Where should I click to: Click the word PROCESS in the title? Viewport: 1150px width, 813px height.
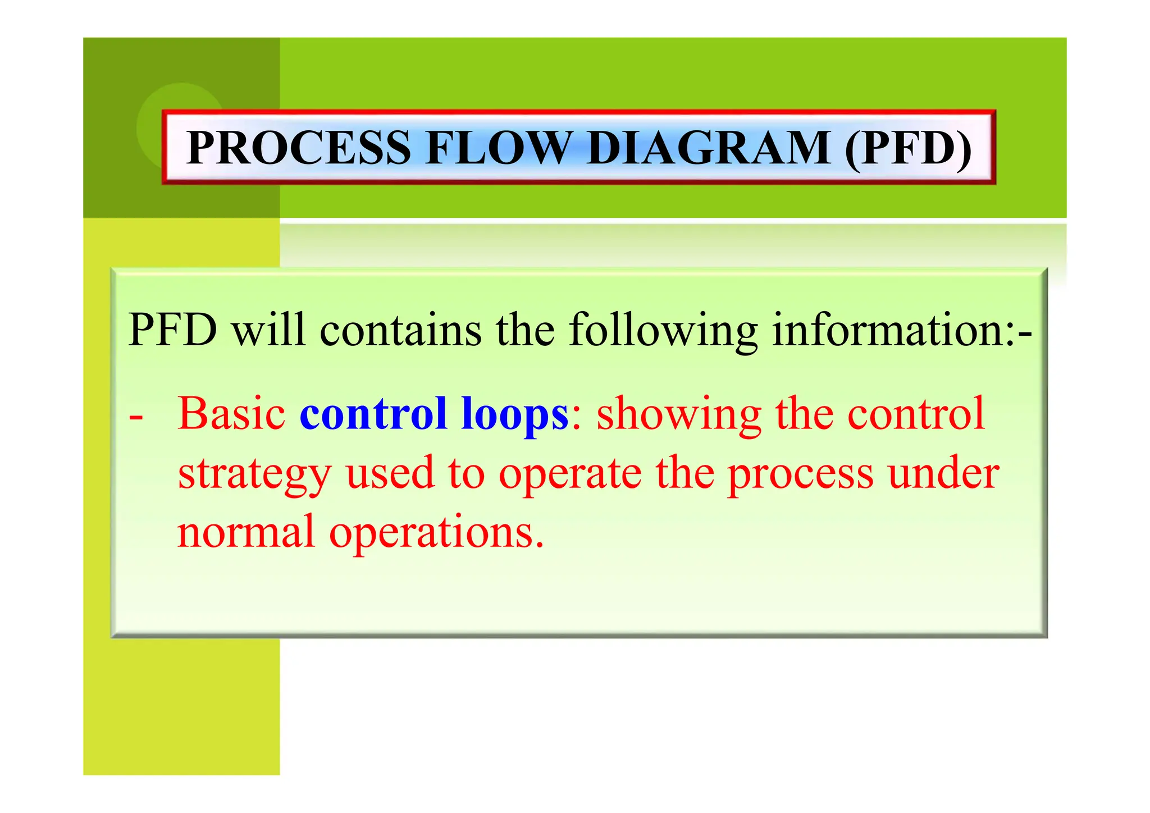point(299,148)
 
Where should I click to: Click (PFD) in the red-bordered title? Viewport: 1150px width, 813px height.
point(908,148)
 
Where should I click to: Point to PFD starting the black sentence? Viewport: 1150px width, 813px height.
point(172,330)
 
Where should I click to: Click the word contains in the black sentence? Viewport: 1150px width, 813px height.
point(400,330)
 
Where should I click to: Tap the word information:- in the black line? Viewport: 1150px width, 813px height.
point(902,330)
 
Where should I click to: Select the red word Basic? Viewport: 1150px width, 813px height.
point(232,414)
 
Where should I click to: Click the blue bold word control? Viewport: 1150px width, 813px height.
point(373,414)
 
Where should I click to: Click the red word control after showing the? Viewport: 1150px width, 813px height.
point(916,414)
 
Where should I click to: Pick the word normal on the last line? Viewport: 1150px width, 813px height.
point(246,532)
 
